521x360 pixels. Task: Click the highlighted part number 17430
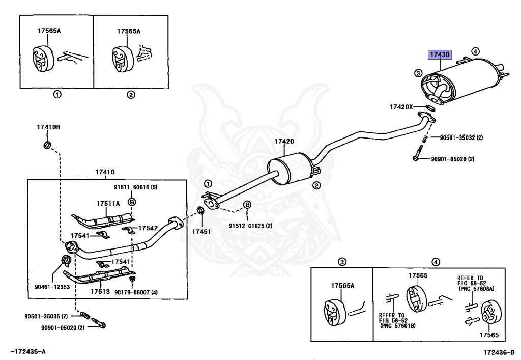coord(440,54)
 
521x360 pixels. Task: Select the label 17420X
coord(401,107)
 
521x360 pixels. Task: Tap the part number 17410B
coord(48,127)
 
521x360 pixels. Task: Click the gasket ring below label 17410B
coord(47,145)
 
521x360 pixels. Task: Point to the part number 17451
coord(201,231)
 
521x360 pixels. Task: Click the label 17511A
coord(108,204)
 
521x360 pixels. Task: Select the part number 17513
coord(100,292)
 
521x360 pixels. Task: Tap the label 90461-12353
coord(52,287)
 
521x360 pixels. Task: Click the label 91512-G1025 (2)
coord(250,226)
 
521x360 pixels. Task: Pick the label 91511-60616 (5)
coord(135,187)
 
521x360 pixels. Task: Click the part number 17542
coord(148,228)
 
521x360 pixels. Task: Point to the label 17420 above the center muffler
coord(284,141)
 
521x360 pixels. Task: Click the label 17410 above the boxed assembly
coord(105,172)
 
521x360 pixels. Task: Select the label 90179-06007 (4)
coord(136,292)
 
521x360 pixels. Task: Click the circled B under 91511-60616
coord(132,202)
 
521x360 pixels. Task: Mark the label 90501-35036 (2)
coord(46,316)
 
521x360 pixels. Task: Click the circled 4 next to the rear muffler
coord(476,51)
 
